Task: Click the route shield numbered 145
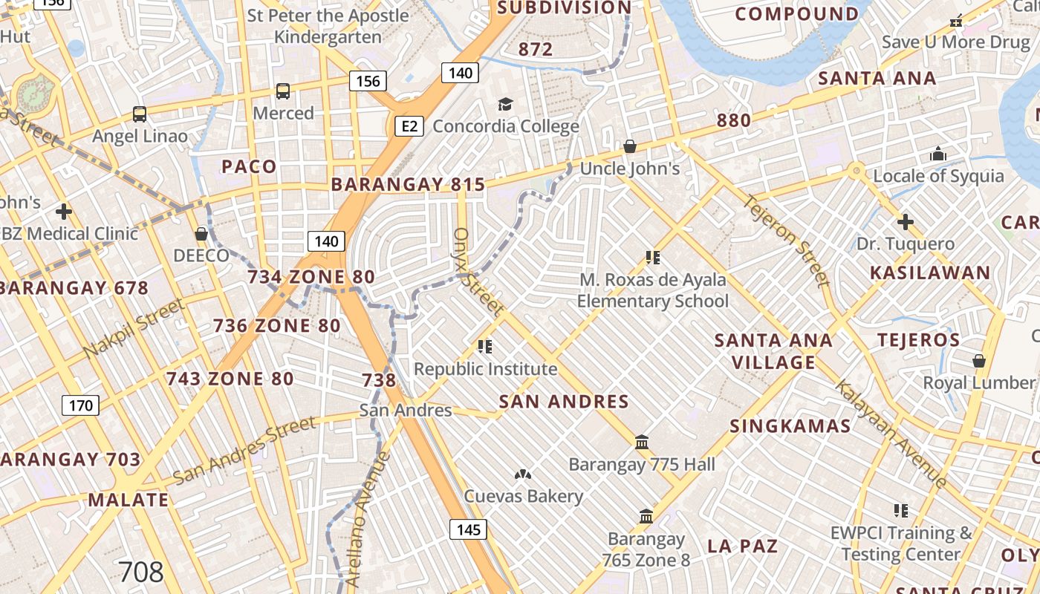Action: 468,529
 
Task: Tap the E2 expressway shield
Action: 409,126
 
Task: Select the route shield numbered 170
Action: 79,405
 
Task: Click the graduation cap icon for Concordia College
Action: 506,104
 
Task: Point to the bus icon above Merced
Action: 283,91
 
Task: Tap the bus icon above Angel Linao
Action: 140,114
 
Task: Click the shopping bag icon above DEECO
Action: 201,234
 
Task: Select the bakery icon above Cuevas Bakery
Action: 523,474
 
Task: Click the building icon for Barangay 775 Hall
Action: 643,443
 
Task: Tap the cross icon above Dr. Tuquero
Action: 905,221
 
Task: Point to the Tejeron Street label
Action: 787,241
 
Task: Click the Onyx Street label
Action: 477,271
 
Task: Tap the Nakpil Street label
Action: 134,328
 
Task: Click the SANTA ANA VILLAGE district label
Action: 773,351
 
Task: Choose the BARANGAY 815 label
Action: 408,185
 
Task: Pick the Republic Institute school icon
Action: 485,346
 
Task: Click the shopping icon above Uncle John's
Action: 630,146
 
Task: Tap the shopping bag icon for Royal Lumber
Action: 979,361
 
